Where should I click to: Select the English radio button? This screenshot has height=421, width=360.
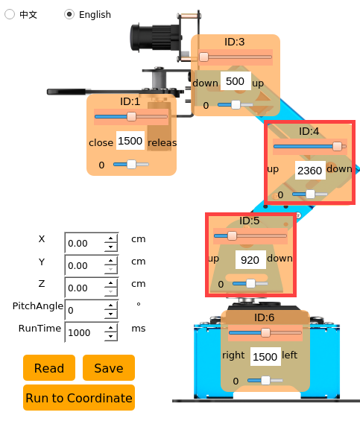[69, 14]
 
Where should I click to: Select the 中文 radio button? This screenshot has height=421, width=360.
[10, 14]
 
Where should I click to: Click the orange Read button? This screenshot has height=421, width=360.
[49, 368]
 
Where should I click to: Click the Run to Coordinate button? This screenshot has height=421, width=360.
[79, 398]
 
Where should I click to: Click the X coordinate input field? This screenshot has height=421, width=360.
[85, 243]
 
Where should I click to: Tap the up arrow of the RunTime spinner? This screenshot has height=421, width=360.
[111, 328]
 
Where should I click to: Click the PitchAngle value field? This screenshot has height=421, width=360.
[85, 310]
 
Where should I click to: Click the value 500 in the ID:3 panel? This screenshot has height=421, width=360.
[236, 81]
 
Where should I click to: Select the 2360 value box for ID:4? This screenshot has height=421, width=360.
[310, 171]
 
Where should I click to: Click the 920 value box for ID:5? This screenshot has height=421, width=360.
[250, 260]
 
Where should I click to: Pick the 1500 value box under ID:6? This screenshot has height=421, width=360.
[265, 357]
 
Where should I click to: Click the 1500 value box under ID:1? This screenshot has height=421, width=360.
[130, 140]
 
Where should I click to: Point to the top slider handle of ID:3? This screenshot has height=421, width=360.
[204, 57]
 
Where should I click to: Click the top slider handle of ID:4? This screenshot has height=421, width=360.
[337, 147]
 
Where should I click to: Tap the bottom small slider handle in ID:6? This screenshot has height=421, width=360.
[265, 380]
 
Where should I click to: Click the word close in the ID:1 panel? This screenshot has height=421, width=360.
[101, 142]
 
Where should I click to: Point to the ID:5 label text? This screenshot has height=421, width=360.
[250, 221]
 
